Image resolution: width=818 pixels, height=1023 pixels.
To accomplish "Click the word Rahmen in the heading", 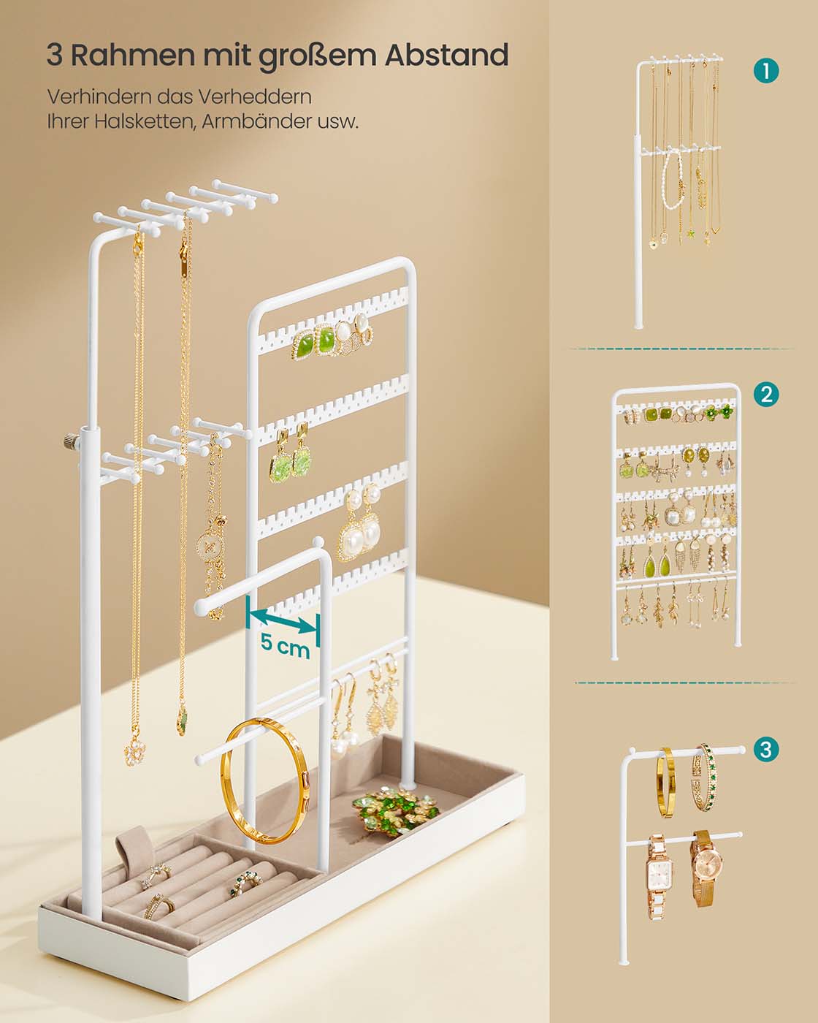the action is (133, 55).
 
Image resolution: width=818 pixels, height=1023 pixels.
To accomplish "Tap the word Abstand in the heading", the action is (446, 55).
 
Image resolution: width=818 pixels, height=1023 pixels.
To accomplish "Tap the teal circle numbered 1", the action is (766, 71).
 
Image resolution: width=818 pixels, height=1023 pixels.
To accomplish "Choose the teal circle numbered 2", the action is (766, 394).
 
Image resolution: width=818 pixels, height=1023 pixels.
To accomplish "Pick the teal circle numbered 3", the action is (765, 750).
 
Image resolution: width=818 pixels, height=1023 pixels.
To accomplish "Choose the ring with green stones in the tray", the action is (245, 883).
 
